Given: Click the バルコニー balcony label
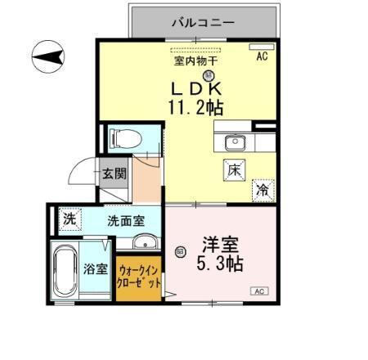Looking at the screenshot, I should point(203,22).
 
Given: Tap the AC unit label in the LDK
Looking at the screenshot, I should point(262,56).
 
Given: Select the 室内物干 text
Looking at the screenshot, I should point(195,60).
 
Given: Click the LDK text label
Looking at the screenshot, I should point(197,88).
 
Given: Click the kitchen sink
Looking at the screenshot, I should point(235,142).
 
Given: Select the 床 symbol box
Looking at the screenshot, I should point(233,170).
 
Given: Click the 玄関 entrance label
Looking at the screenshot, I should point(114,173).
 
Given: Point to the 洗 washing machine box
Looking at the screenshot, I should point(70,219).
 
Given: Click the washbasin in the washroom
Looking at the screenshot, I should point(146,241).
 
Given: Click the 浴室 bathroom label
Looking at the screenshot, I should point(96,270).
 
